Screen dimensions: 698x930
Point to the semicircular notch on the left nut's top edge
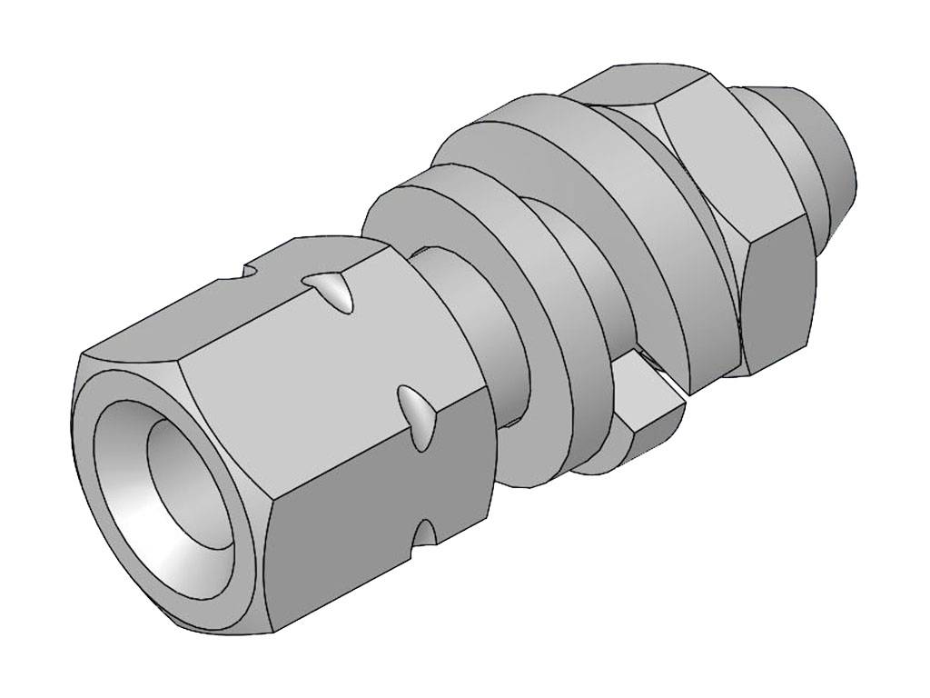pyautogui.click(x=247, y=271)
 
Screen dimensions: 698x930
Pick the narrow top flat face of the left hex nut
pyautogui.click(x=218, y=300)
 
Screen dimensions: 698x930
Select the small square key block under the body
pyautogui.click(x=649, y=409)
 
